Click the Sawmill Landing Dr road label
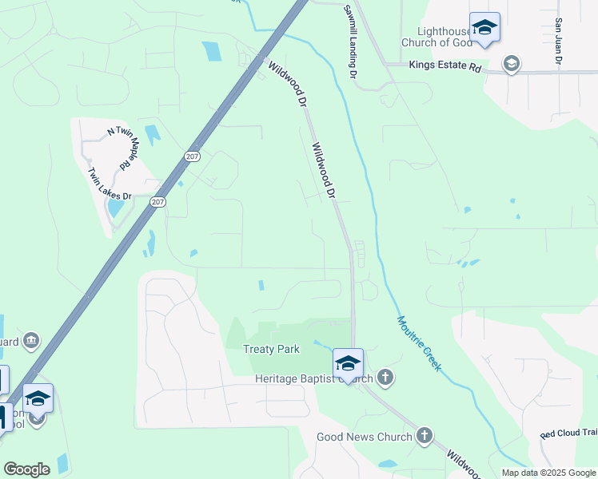349,42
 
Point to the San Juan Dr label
558,42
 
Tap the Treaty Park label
271,349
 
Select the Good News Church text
364,437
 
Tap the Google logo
26,469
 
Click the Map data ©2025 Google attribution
549,473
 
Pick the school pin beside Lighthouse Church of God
484,29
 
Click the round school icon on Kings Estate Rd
510,63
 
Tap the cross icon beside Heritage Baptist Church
385,377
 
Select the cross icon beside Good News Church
424,436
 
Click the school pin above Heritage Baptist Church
348,363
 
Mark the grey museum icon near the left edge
31,341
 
